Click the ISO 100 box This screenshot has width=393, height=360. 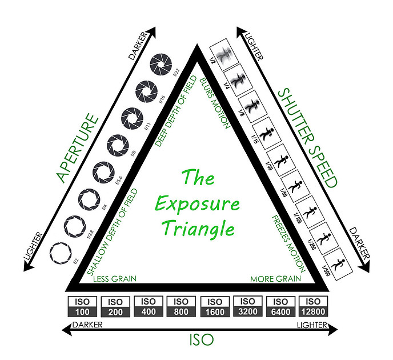(x=82, y=307)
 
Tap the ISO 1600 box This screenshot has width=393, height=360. (x=214, y=307)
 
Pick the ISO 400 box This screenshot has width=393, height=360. (x=148, y=307)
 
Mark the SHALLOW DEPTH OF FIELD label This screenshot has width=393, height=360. (x=113, y=231)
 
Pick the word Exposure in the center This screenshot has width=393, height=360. (x=197, y=203)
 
